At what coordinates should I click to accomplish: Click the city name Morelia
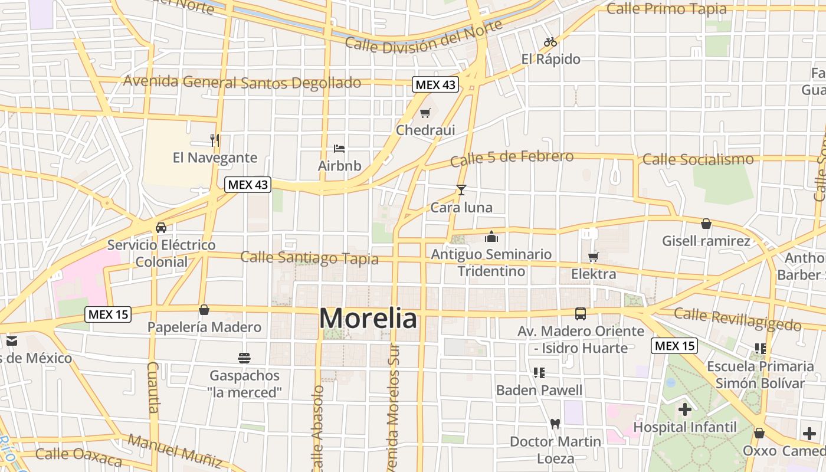[x=368, y=319]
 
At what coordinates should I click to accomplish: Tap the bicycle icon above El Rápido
[x=550, y=42]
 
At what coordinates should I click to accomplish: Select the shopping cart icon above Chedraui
[x=425, y=113]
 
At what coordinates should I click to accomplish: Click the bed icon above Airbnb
[x=339, y=148]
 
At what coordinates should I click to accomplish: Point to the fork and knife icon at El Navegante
[x=215, y=140]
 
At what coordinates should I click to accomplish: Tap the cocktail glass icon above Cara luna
[x=461, y=190]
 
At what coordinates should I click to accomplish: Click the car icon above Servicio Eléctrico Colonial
[x=160, y=227]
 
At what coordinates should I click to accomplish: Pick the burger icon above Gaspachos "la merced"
[x=244, y=358]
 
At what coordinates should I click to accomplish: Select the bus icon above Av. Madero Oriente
[x=581, y=313]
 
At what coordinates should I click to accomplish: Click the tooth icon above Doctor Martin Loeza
[x=555, y=424]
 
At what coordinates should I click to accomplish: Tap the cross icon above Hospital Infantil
[x=684, y=409]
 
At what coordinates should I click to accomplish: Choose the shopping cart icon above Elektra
[x=593, y=257]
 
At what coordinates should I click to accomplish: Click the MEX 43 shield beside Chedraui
[x=435, y=84]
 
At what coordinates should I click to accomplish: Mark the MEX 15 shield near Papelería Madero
[x=108, y=314]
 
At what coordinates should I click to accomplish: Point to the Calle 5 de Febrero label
[x=512, y=158]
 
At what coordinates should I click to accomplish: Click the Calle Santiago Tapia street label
[x=309, y=258]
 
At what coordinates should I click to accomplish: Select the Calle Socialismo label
[x=698, y=159]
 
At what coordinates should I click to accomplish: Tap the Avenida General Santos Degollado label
[x=242, y=82]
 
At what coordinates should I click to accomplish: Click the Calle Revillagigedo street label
[x=737, y=319]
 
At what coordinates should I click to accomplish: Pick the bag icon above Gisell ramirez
[x=706, y=224]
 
